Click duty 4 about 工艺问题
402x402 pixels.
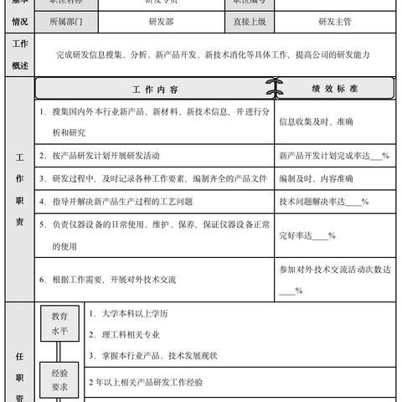click(x=116, y=201)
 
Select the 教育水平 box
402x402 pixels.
click(x=60, y=323)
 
